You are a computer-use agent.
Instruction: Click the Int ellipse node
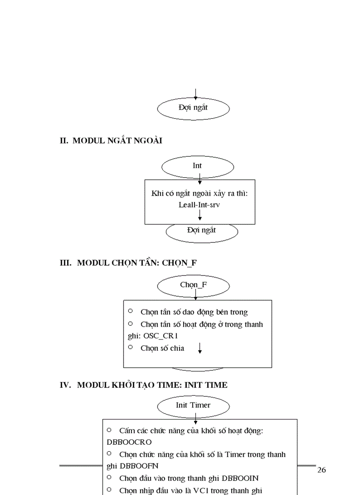pyautogui.click(x=197, y=166)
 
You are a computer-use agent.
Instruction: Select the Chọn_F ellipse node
pyautogui.click(x=193, y=285)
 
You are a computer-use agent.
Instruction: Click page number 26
pyautogui.click(x=322, y=470)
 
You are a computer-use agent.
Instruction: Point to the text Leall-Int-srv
pyautogui.click(x=199, y=205)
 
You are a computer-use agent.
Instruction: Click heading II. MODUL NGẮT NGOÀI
pyautogui.click(x=111, y=141)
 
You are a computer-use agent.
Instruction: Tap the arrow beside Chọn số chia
pyautogui.click(x=200, y=348)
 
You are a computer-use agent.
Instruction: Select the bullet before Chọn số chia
pyautogui.click(x=131, y=347)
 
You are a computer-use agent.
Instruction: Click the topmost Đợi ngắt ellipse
pyautogui.click(x=193, y=108)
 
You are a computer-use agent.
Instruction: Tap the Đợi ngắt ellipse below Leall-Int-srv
pyautogui.click(x=202, y=231)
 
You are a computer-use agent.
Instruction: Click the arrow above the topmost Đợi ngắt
pyautogui.click(x=195, y=93)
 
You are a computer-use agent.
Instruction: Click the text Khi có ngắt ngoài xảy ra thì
pyautogui.click(x=199, y=194)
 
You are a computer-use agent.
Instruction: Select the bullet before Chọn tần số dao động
pyautogui.click(x=131, y=311)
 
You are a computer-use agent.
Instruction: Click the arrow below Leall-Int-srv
pyautogui.click(x=199, y=215)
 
